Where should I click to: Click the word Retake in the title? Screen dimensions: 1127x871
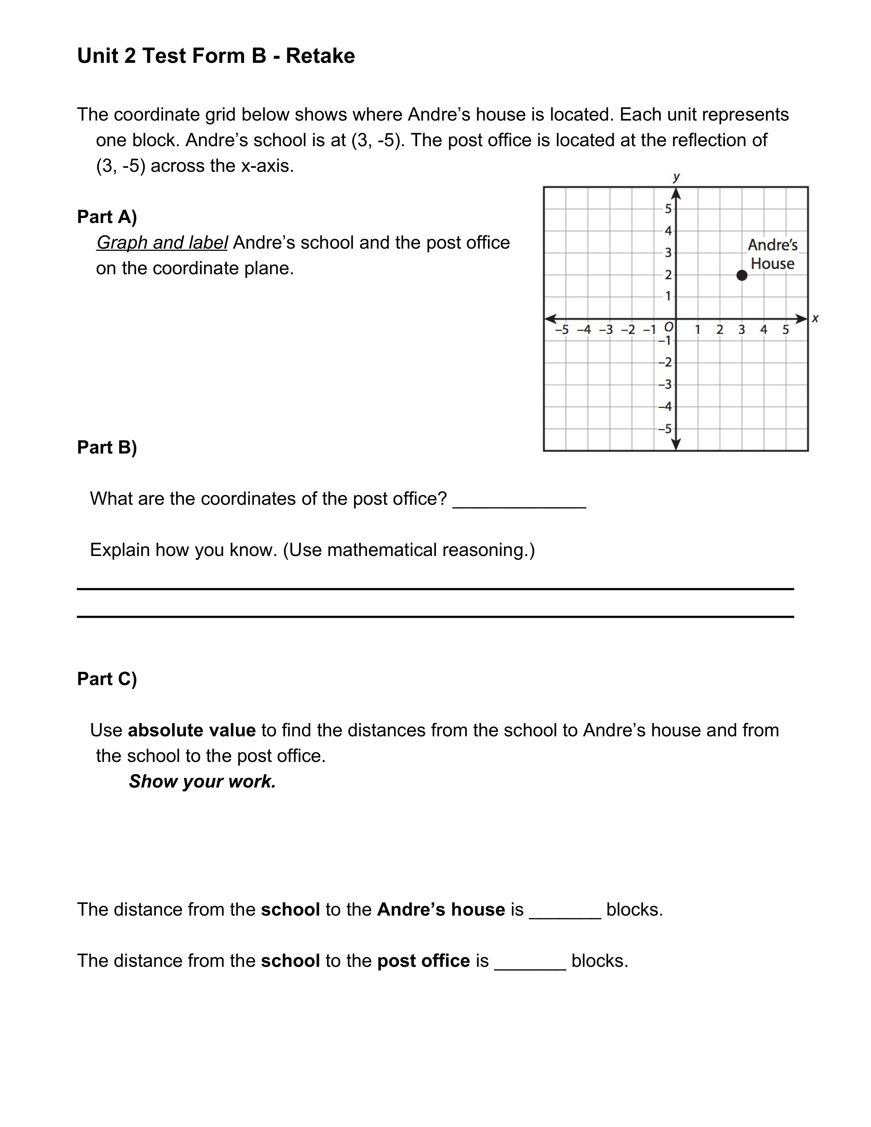tap(320, 56)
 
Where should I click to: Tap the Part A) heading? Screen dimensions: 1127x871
tap(107, 217)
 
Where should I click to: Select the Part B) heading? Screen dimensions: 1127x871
tap(107, 447)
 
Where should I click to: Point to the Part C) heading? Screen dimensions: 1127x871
tap(107, 679)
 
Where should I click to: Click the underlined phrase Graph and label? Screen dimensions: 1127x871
tap(162, 242)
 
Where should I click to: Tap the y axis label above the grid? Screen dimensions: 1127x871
tap(676, 177)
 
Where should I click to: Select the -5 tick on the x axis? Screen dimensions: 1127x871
tap(562, 330)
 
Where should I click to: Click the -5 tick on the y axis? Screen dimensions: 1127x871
tap(665, 429)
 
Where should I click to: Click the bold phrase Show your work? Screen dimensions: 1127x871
tap(202, 781)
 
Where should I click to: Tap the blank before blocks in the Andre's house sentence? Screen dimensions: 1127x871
tap(565, 910)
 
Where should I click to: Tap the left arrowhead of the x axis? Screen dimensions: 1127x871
tap(551, 319)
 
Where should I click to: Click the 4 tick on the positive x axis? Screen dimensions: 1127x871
tap(764, 330)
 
